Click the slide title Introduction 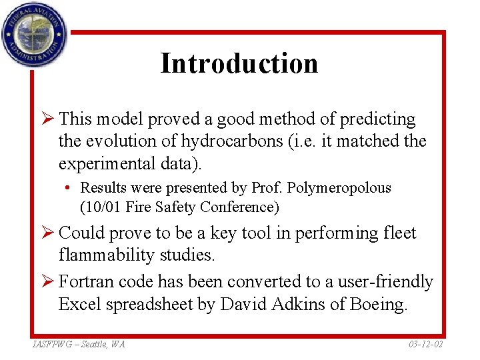239,63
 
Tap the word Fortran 84,282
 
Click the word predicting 378,119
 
